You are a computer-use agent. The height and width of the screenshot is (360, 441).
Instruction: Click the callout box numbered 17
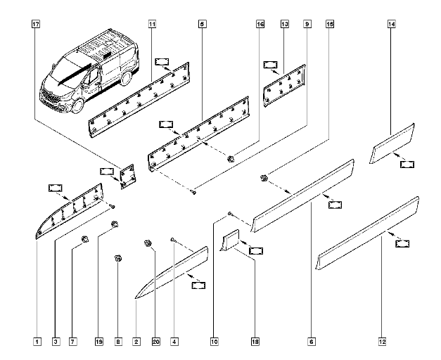tap(36, 24)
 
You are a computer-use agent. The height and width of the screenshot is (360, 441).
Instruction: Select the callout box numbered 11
tap(152, 24)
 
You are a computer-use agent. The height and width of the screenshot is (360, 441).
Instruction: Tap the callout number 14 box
tap(391, 24)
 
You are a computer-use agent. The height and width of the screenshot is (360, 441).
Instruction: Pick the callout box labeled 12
tap(382, 342)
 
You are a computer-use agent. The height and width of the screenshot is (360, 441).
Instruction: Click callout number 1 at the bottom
tap(37, 342)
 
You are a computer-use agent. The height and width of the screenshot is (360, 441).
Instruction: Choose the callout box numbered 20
tap(156, 342)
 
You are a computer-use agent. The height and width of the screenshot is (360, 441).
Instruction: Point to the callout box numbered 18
tap(255, 342)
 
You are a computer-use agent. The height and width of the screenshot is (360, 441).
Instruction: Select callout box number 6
tap(312, 342)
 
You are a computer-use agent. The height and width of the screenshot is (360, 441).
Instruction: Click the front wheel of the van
tap(78, 106)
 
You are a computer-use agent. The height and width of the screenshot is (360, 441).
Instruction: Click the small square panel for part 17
tap(128, 176)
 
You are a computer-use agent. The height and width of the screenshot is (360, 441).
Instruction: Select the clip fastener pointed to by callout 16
tap(231, 159)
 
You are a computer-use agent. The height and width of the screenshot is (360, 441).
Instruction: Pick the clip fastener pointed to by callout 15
tap(264, 178)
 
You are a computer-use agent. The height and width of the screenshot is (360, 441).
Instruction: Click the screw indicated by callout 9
tap(193, 193)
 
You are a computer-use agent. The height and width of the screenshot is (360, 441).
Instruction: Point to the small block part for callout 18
tap(230, 240)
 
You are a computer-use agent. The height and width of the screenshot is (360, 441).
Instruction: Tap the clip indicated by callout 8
tap(118, 258)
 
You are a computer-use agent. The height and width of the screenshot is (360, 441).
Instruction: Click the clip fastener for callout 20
tap(148, 243)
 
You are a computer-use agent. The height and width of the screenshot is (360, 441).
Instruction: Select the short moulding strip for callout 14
tap(392, 143)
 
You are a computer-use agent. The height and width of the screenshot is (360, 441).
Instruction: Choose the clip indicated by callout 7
tap(84, 239)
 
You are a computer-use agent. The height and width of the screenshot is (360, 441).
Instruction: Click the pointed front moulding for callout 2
tap(172, 272)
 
